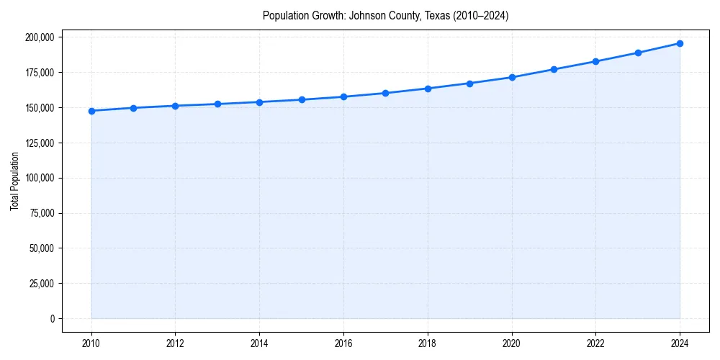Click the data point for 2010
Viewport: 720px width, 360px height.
point(91,111)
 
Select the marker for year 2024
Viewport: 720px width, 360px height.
point(680,43)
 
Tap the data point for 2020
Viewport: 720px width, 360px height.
point(512,77)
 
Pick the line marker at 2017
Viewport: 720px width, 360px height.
point(386,93)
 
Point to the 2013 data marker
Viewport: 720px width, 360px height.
point(217,104)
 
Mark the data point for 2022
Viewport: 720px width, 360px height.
point(595,61)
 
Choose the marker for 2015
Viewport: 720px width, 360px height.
point(302,99)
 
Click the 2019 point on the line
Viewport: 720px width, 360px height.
point(469,84)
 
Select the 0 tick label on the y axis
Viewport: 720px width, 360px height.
point(53,319)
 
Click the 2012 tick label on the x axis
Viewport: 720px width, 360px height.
point(176,342)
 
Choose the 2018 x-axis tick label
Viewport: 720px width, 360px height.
point(428,342)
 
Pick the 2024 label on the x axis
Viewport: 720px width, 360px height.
point(680,342)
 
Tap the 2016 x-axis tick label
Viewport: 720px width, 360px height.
point(343,342)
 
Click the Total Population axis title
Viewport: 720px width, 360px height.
point(14,181)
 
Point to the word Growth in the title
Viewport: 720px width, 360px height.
point(328,16)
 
